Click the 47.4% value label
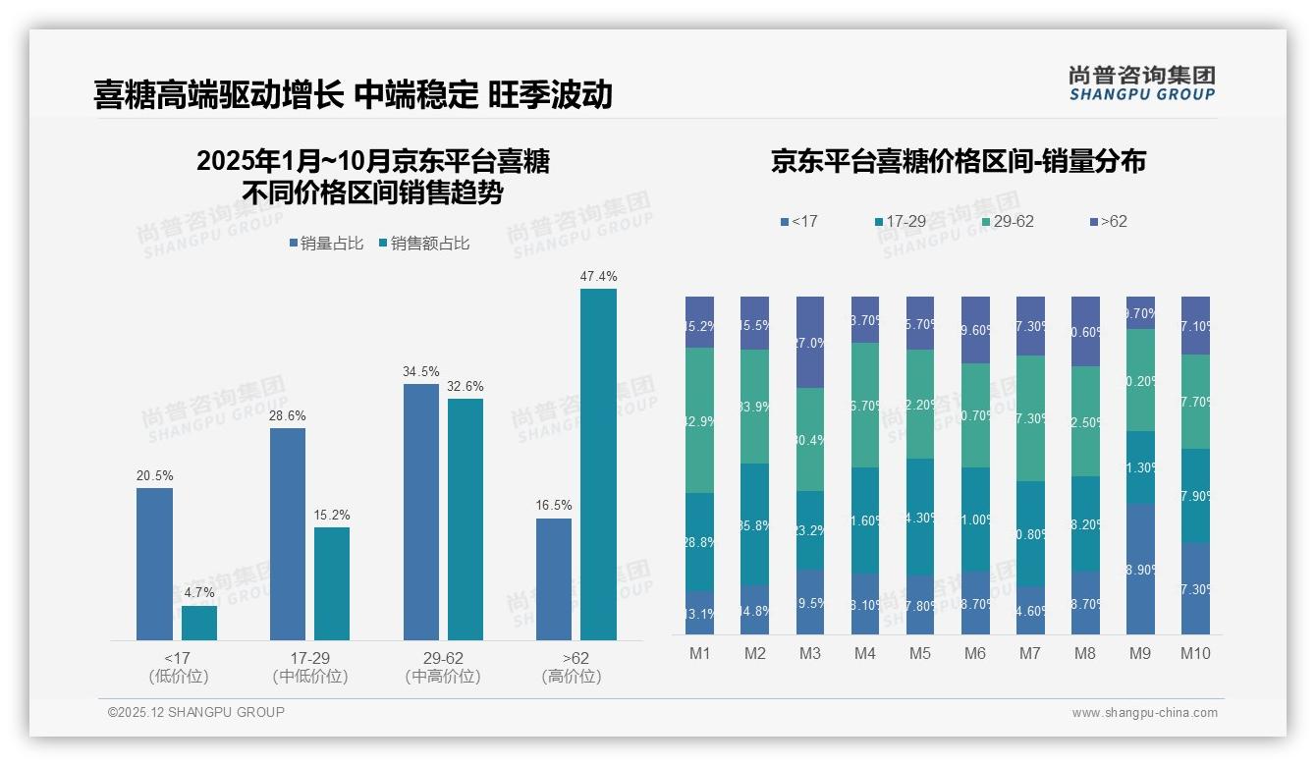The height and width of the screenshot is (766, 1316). tap(598, 277)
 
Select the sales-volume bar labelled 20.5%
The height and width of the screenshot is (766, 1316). tap(154, 564)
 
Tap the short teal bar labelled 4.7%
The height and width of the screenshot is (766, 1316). tap(199, 623)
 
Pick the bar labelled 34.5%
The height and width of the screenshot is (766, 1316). tap(421, 512)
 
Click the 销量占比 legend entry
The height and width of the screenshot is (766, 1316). tap(329, 244)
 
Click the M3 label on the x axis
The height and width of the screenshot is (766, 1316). tap(809, 654)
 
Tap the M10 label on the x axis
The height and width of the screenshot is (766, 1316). tap(1194, 654)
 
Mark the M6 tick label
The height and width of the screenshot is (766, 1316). tap(974, 654)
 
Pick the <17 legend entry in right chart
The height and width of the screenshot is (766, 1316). tap(798, 222)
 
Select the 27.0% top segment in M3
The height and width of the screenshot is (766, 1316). tap(810, 343)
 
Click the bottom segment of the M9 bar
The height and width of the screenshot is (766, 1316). tap(1140, 569)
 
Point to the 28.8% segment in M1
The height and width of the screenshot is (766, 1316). tap(699, 541)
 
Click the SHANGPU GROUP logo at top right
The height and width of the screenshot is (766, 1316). tap(1141, 83)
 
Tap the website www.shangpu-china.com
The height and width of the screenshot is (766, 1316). tap(1144, 713)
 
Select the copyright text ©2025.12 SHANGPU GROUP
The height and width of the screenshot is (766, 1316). tap(196, 713)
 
